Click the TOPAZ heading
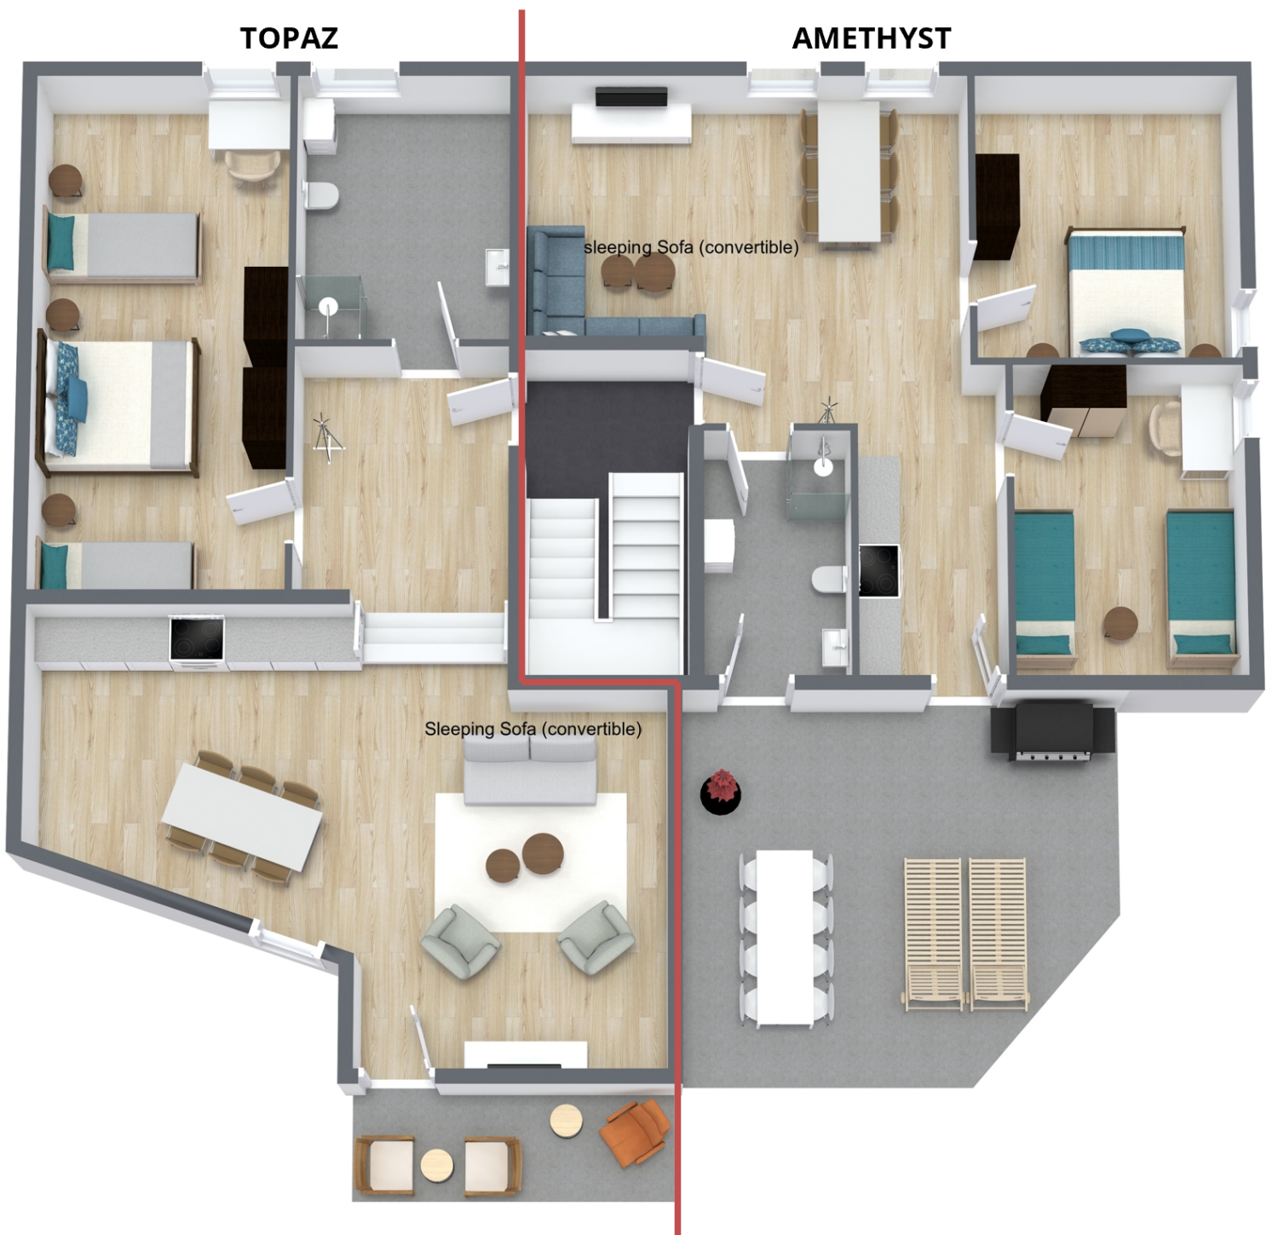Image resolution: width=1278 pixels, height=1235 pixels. click(289, 38)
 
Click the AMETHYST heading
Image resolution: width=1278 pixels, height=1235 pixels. click(871, 38)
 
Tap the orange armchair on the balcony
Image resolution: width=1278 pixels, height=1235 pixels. click(635, 1131)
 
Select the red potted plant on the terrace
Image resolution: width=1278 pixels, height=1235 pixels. click(721, 791)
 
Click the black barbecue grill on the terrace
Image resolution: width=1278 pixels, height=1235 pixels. click(1053, 730)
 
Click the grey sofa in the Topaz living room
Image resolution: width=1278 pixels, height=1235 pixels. click(530, 770)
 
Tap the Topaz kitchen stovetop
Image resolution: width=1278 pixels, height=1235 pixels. click(197, 638)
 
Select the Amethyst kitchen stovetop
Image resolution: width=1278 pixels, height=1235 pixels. click(878, 570)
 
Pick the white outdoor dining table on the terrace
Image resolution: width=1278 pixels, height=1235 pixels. click(785, 937)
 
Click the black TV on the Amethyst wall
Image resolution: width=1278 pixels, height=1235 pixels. click(631, 97)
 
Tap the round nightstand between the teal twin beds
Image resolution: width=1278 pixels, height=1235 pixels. click(1120, 622)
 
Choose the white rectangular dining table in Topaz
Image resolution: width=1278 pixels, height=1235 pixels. click(242, 817)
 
